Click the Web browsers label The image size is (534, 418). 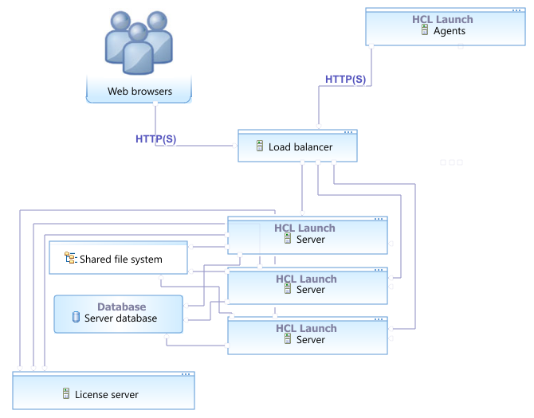139,91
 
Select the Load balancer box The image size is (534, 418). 297,146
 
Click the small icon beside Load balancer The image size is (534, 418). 259,146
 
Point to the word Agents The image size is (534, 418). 450,31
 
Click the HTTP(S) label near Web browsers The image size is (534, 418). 156,139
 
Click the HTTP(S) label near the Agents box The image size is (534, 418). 346,80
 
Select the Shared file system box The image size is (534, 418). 118,259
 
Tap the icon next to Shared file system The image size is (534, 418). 71,258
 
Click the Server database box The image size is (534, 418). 118,313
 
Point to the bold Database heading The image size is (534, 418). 121,307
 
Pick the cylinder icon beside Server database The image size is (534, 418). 77,318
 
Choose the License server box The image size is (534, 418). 103,390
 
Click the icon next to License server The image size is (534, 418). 66,393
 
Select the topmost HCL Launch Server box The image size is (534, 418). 308,234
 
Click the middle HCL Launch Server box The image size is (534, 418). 308,285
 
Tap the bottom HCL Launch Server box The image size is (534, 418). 308,334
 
